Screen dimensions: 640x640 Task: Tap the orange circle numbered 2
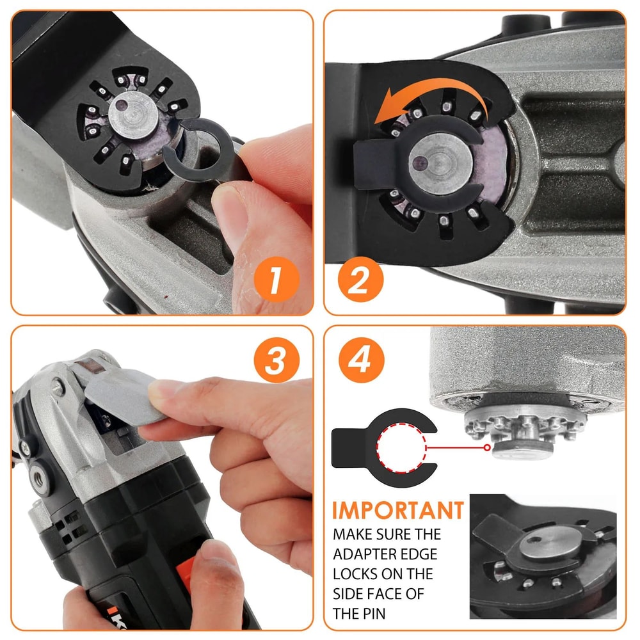[360, 279]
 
